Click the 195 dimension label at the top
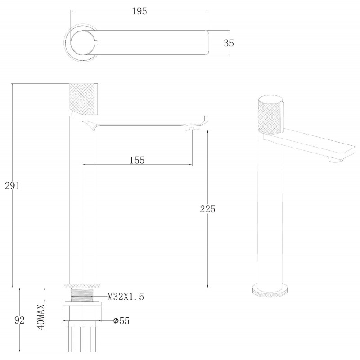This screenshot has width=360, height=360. (x=139, y=11)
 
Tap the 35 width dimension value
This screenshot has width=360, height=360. (x=229, y=43)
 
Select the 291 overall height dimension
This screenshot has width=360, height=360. (x=13, y=185)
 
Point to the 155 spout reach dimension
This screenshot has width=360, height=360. (x=137, y=160)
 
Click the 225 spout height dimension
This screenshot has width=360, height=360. (x=207, y=209)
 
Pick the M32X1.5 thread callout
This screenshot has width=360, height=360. (x=126, y=297)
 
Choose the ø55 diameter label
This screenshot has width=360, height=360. (x=121, y=320)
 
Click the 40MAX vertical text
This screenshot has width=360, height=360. (x=41, y=317)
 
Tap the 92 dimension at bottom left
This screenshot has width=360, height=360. (x=19, y=320)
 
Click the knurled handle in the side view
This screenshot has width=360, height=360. (x=84, y=99)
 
